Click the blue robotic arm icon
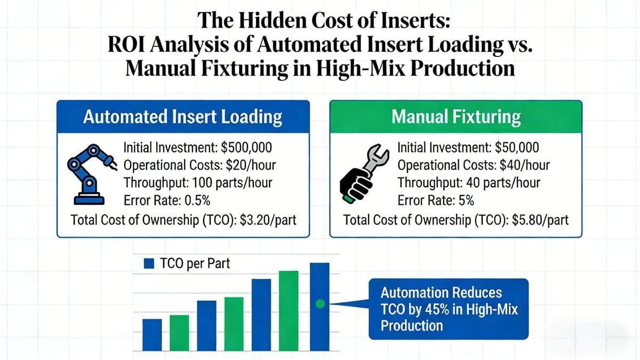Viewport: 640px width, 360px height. click(91, 174)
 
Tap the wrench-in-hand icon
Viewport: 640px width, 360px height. click(364, 173)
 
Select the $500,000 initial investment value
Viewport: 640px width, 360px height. click(246, 148)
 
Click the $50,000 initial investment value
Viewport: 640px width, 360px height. click(517, 148)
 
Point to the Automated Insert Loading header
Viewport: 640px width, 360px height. click(183, 117)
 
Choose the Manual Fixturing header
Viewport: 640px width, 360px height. click(456, 117)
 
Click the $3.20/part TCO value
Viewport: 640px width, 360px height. click(268, 220)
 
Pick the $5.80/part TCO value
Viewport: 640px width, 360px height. click(540, 220)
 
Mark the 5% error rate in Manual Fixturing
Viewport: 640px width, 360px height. click(466, 201)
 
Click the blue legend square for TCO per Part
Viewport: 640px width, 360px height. click(149, 263)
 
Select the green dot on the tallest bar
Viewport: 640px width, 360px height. click(321, 304)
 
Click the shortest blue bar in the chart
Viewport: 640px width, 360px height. click(152, 335)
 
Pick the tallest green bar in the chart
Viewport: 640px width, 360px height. click(289, 311)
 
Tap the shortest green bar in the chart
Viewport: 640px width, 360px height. click(179, 333)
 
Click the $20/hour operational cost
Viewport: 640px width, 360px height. click(251, 165)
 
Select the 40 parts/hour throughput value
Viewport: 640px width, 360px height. click(503, 183)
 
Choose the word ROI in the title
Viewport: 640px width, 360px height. click(126, 45)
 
